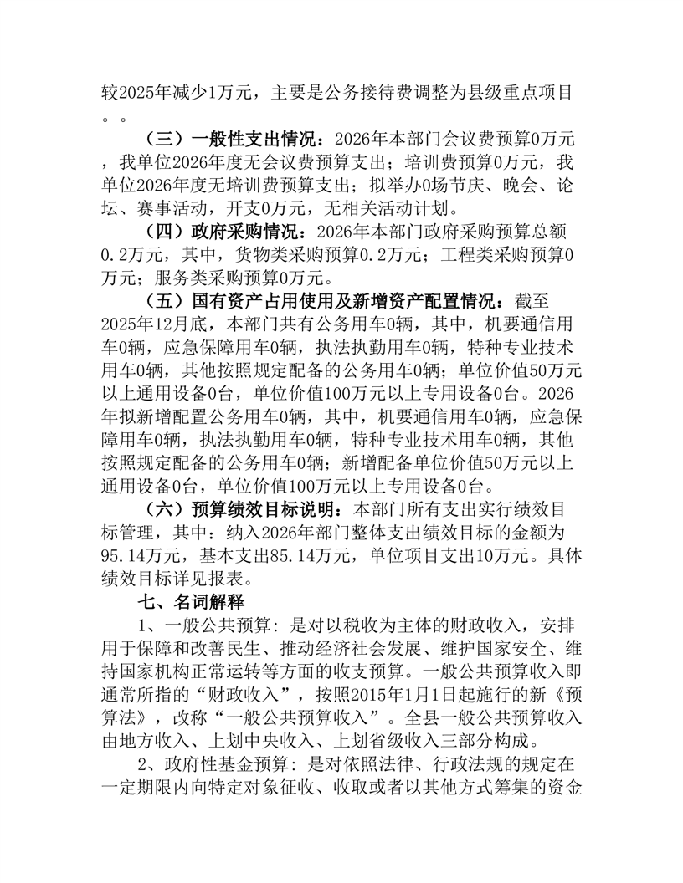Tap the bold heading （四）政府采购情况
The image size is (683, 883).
(x=222, y=230)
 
